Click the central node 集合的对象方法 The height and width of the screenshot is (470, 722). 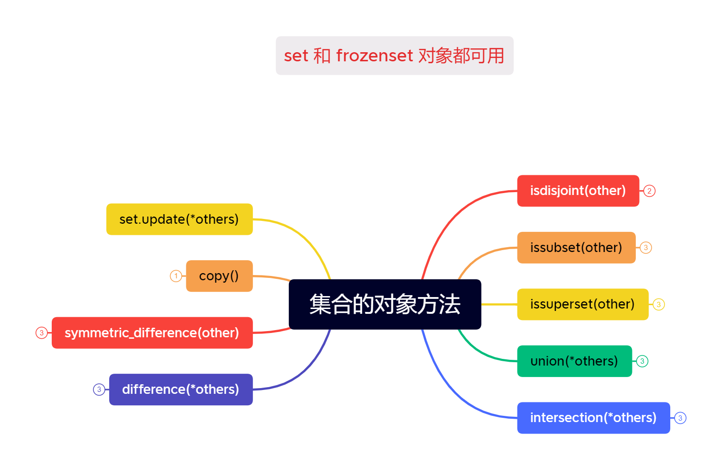385,304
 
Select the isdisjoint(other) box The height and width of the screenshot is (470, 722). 578,191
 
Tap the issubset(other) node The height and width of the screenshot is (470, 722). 576,248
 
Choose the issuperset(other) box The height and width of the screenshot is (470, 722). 582,304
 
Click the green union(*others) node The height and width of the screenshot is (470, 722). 574,361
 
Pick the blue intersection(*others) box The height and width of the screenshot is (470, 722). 593,418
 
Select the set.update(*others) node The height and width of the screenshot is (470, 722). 179,219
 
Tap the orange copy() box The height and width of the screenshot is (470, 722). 219,276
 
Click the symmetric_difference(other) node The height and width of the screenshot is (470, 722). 152,333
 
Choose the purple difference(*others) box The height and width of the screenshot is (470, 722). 181,390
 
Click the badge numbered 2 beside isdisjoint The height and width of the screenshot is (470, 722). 649,191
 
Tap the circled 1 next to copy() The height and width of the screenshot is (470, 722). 176,276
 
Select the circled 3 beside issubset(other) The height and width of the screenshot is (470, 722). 646,248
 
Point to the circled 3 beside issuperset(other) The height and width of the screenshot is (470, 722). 659,304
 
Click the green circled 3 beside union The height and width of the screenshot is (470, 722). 642,361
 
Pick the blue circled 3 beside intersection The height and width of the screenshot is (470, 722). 680,418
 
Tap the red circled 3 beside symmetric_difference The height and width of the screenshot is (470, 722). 42,333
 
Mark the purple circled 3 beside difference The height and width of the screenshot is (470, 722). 99,390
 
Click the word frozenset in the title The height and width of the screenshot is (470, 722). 374,56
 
